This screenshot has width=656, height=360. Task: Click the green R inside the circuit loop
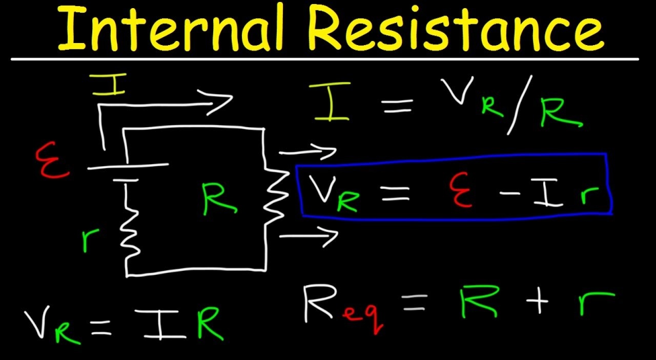coord(219,200)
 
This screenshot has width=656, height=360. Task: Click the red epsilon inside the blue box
coord(461,190)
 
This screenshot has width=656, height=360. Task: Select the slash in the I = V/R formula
coord(518,110)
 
